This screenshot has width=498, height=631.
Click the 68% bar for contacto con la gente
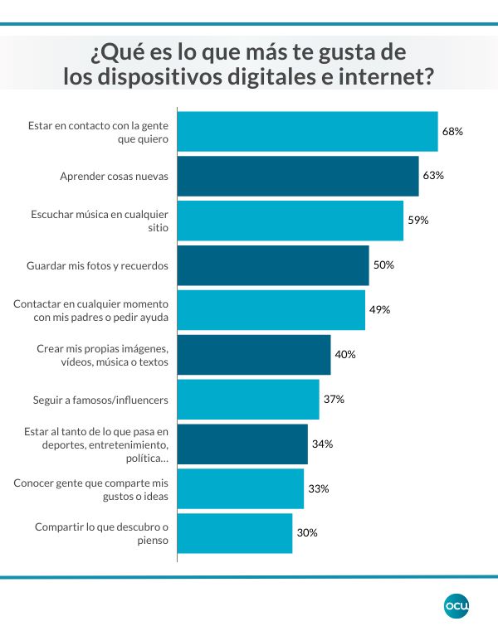308,132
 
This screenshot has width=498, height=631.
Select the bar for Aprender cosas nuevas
298,176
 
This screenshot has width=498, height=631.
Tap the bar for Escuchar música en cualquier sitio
290,221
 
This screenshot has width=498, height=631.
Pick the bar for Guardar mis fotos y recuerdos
273,265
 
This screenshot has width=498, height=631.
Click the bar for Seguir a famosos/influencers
248,400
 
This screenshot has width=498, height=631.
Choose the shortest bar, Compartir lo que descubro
235,533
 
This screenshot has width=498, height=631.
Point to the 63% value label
433,176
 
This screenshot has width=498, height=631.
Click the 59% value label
417,221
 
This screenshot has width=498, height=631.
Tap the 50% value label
383,265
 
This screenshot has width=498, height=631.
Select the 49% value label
379,310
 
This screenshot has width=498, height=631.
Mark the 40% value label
344,355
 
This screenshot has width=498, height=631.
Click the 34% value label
322,444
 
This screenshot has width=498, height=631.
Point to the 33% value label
318,489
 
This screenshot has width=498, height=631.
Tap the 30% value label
307,533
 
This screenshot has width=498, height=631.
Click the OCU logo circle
456,606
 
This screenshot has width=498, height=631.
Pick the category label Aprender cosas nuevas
115,176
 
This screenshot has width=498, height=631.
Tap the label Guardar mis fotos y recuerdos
98,265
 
